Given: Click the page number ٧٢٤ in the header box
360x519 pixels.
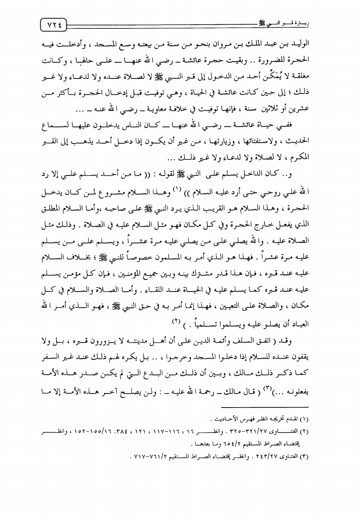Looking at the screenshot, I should click(53, 25).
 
